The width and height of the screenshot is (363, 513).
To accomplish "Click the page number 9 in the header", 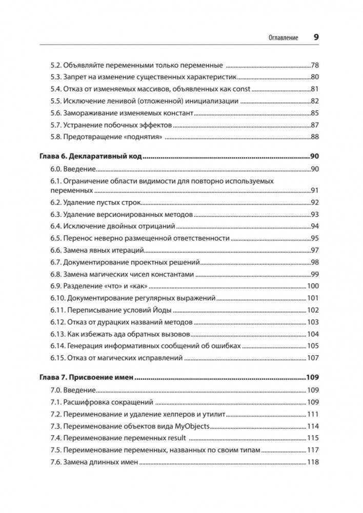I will (316, 37).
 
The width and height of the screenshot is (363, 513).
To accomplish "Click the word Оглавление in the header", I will (280, 38).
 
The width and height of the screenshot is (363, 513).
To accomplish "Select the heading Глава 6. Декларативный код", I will (90, 157).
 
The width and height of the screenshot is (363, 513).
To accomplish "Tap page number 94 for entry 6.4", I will (315, 226).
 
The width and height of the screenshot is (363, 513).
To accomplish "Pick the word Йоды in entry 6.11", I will (163, 310).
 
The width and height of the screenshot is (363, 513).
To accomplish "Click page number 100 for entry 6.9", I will (313, 286).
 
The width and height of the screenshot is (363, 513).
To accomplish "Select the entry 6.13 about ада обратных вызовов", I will (120, 334).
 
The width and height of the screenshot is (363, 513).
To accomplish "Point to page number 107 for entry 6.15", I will (313, 357).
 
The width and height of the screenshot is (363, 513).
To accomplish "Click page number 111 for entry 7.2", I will (313, 414).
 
